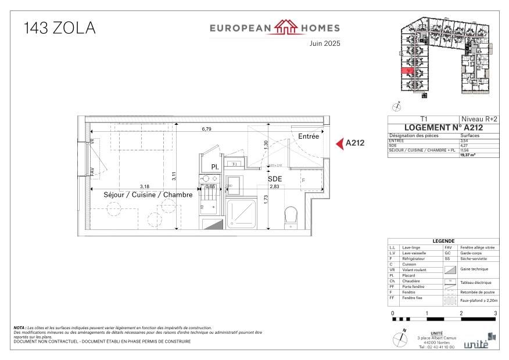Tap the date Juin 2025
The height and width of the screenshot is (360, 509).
(324, 44)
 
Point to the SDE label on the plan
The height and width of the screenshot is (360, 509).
(274, 179)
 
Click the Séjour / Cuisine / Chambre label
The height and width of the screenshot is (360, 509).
(148, 195)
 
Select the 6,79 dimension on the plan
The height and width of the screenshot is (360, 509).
(207, 129)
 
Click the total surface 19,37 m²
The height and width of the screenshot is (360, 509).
(468, 155)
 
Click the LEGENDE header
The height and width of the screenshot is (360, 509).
(443, 241)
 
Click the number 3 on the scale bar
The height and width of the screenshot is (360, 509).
(495, 313)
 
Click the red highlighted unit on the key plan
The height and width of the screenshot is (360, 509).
(408, 71)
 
